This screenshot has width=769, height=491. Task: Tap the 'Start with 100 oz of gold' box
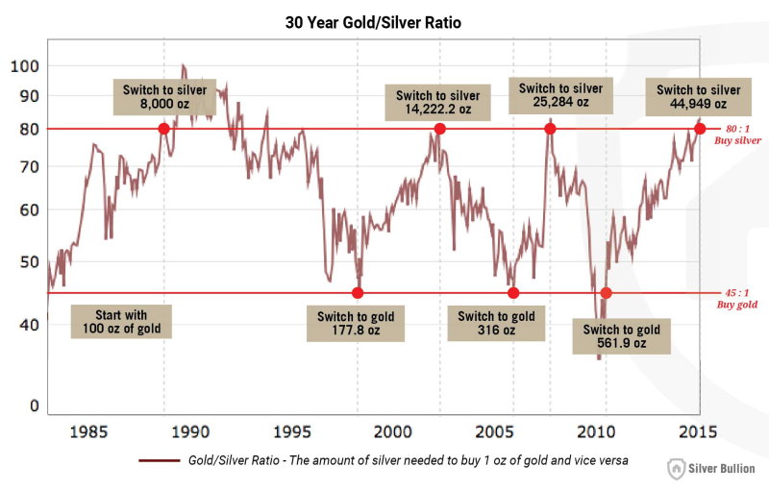point(121,322)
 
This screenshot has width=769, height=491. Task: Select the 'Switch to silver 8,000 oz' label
point(164,98)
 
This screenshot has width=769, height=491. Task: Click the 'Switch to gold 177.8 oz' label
point(356,324)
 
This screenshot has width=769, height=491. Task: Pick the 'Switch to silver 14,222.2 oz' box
point(438,102)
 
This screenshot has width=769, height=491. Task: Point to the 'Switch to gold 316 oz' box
point(496,324)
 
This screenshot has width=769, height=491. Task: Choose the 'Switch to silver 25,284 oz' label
point(560,96)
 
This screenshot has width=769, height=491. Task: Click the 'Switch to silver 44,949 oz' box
point(698,97)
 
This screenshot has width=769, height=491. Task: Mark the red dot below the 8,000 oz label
point(163,129)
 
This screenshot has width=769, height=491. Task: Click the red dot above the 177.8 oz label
point(358,293)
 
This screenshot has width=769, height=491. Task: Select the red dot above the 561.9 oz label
point(606,293)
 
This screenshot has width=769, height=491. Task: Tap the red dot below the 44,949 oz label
point(700,129)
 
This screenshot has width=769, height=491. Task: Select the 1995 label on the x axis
point(291,430)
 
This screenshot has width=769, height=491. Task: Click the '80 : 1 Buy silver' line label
point(738,134)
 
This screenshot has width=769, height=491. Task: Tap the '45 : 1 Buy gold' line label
point(738,298)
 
